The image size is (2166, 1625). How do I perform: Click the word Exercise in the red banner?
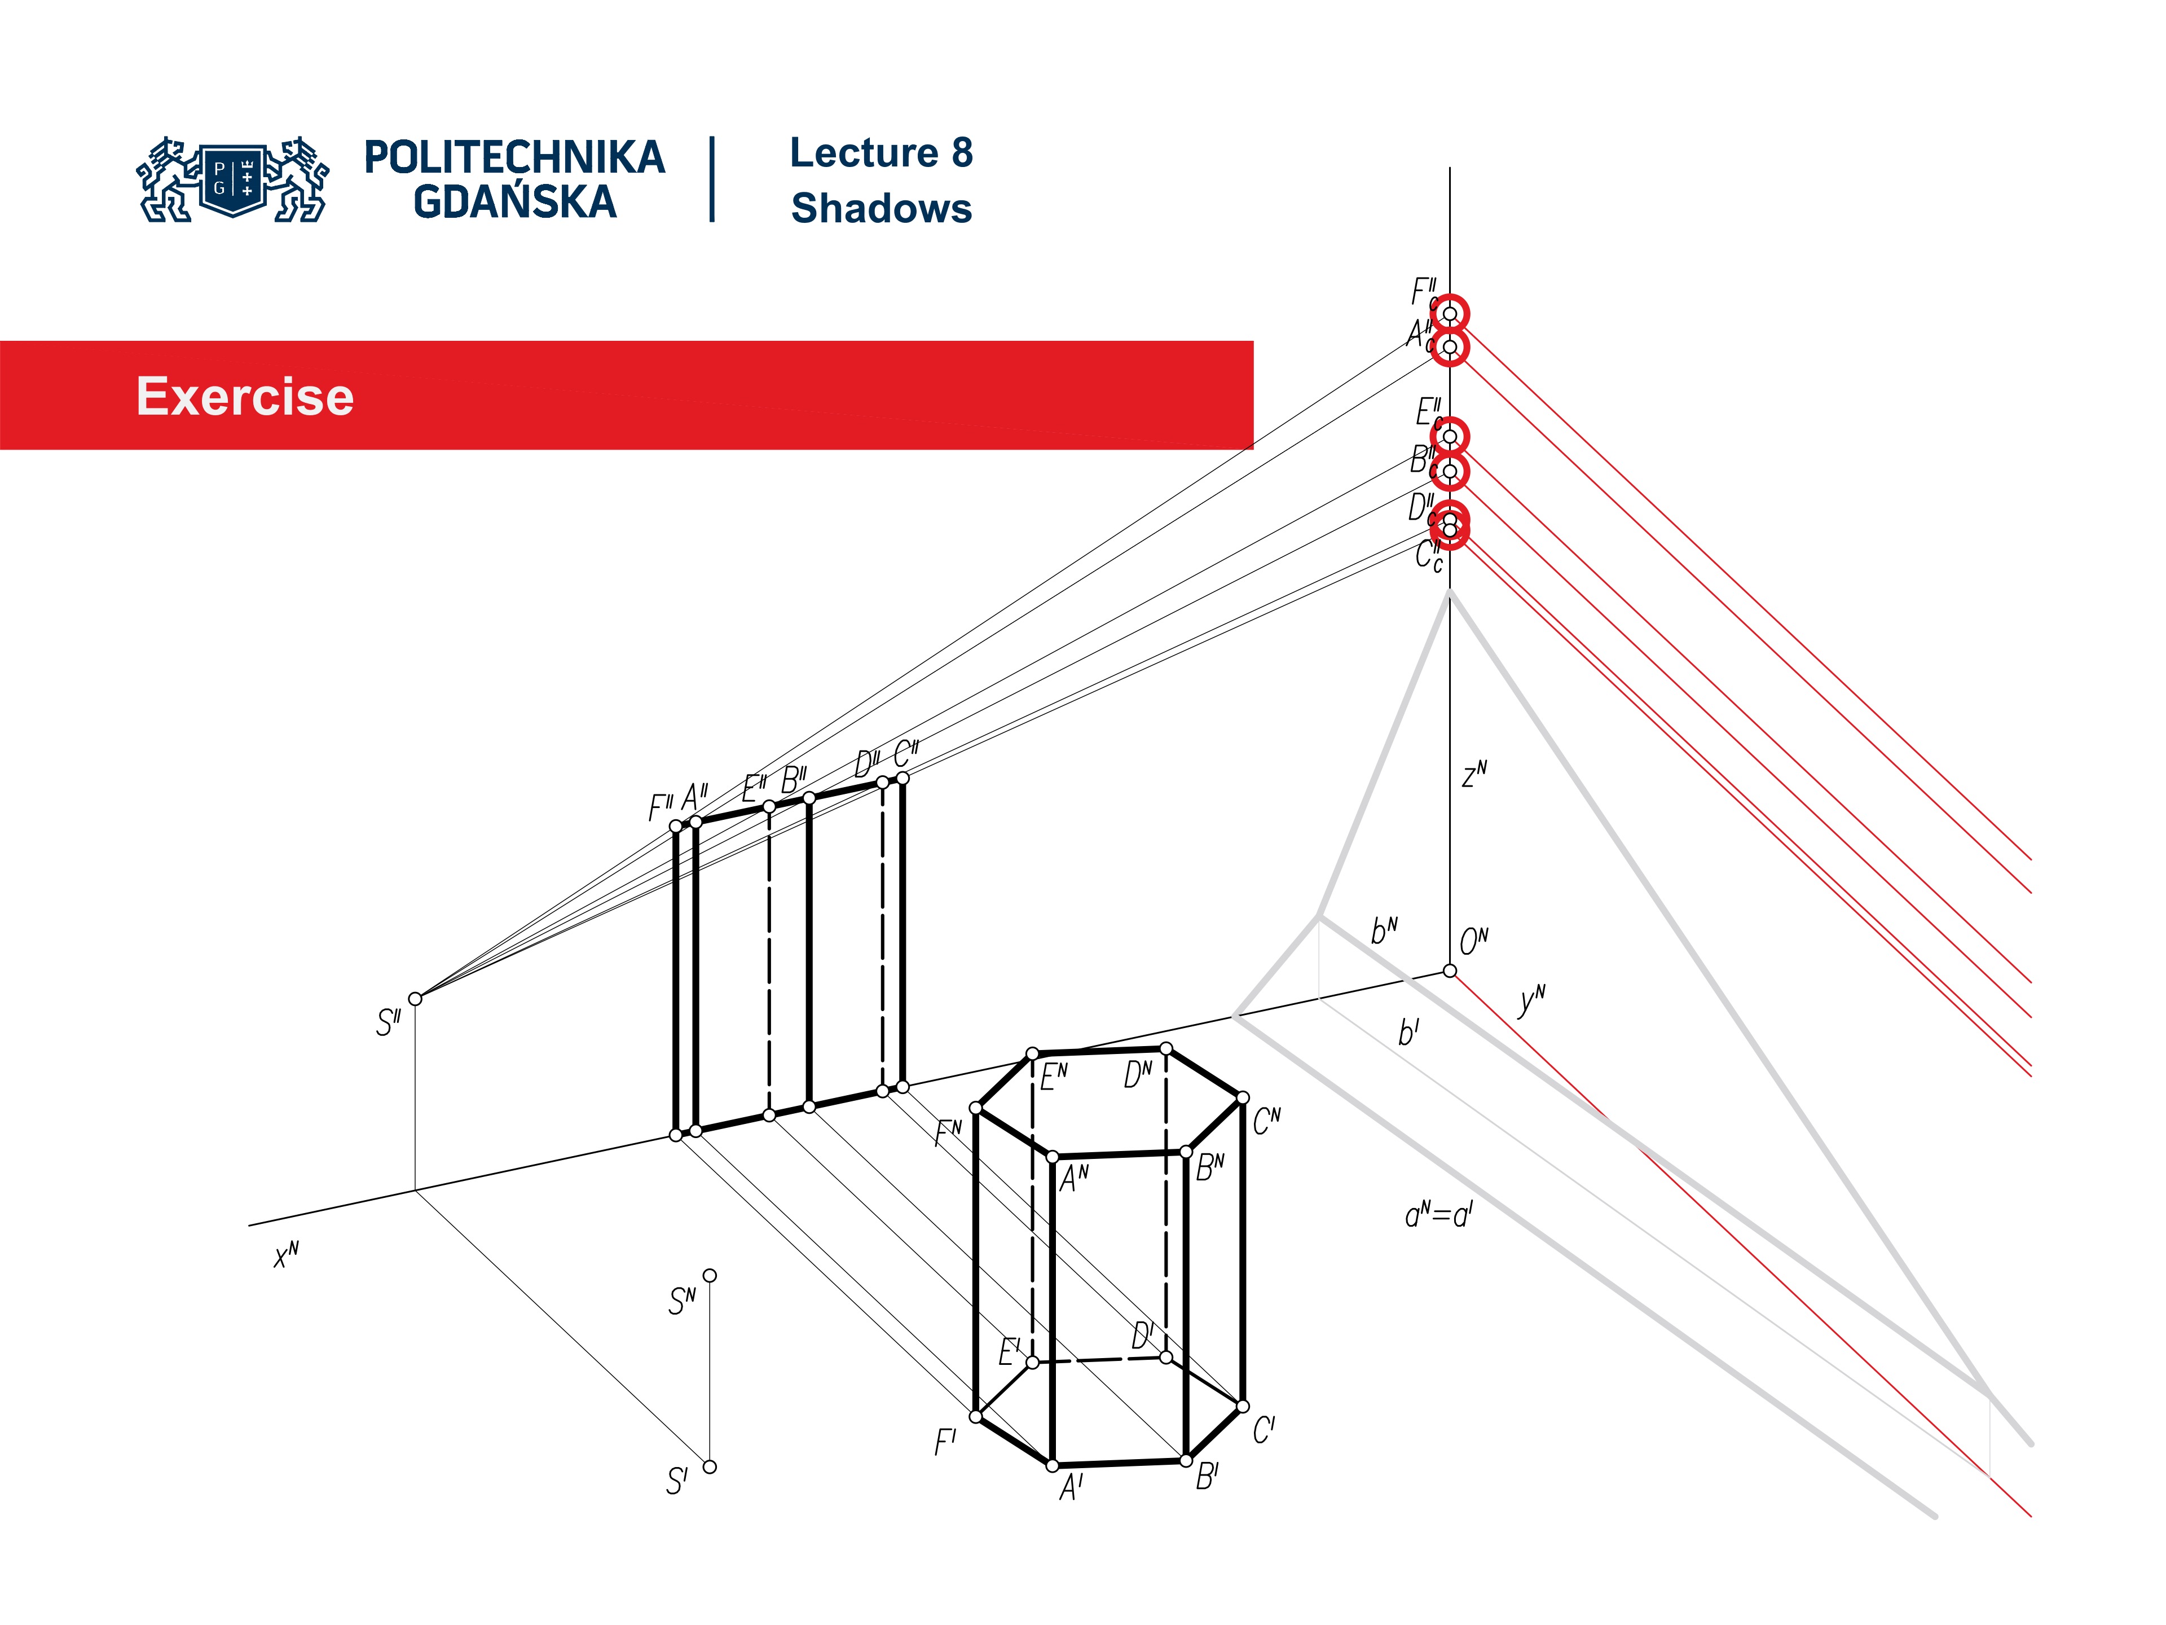coord(245,397)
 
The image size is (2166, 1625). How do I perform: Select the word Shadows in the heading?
coord(881,209)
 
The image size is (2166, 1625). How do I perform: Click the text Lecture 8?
coord(881,153)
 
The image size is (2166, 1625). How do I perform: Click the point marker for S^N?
coord(710,1275)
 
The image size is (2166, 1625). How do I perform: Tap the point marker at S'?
coord(710,1466)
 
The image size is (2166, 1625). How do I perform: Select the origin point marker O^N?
coord(1449,970)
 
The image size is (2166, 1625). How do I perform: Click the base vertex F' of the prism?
coord(975,1416)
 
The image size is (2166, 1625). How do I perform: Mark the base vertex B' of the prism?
coord(1186,1460)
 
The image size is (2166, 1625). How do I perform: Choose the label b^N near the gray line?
coord(1384,930)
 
